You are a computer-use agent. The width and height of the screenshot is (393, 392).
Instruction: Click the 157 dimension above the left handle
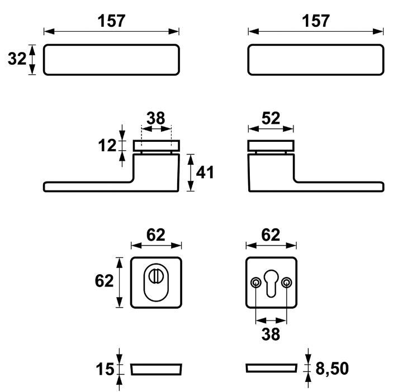pyautogui.click(x=111, y=21)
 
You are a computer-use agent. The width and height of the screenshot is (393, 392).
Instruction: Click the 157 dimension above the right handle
pyautogui.click(x=316, y=21)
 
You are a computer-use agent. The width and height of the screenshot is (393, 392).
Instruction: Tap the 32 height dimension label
pyautogui.click(x=17, y=59)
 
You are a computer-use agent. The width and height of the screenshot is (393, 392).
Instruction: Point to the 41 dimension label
pyautogui.click(x=205, y=173)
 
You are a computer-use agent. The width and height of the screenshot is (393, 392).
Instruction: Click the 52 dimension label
pyautogui.click(x=271, y=118)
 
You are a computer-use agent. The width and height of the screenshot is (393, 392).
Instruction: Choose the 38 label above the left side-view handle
pyautogui.click(x=156, y=118)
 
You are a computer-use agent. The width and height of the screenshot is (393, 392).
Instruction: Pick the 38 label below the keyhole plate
pyautogui.click(x=271, y=334)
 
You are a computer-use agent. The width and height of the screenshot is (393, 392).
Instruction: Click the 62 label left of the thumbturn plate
pyautogui.click(x=105, y=281)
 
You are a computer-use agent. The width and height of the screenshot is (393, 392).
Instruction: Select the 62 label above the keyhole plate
pyautogui.click(x=271, y=236)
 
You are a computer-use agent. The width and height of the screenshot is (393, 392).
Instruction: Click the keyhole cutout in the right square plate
pyautogui.click(x=271, y=282)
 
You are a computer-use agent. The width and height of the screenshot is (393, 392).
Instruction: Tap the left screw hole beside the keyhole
pyautogui.click(x=255, y=283)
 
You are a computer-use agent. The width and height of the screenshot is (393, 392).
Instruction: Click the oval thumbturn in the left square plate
pyautogui.click(x=156, y=282)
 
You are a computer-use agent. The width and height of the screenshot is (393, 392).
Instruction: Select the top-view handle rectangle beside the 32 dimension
pyautogui.click(x=111, y=59)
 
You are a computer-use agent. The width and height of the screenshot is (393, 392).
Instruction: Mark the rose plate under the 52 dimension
pyautogui.click(x=271, y=146)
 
